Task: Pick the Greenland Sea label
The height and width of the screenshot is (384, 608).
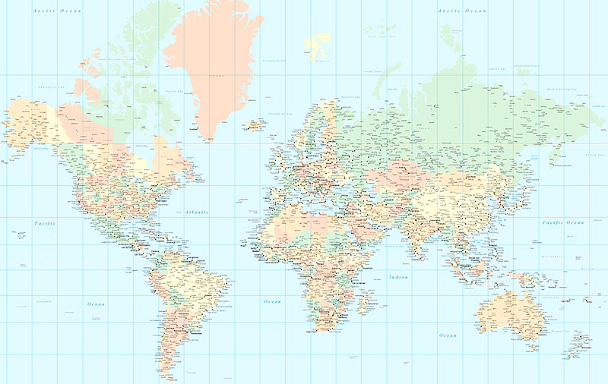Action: (x=272, y=60)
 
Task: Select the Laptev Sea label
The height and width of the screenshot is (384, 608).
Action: (x=498, y=68)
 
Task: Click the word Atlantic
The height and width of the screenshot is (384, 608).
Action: (x=196, y=212)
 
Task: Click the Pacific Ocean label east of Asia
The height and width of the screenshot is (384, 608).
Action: (x=563, y=222)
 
